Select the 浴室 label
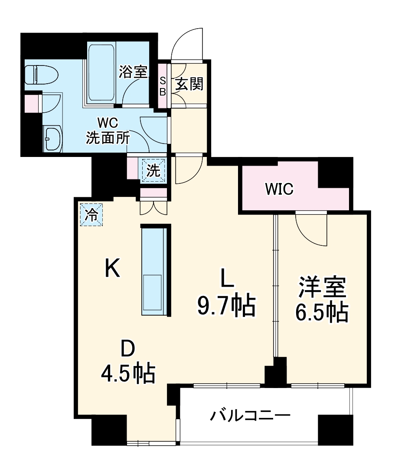[x=133, y=72]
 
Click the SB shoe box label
[x=163, y=85]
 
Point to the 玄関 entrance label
[x=189, y=84]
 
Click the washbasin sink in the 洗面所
[x=52, y=138]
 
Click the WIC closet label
[x=280, y=189]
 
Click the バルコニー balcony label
[x=250, y=416]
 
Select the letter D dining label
[x=128, y=348]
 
